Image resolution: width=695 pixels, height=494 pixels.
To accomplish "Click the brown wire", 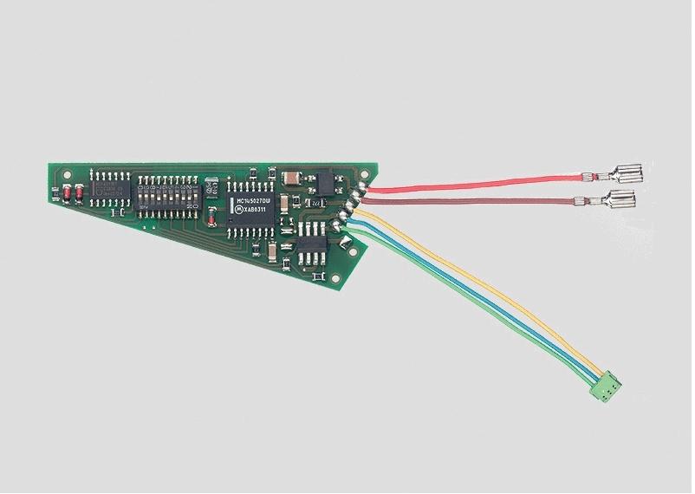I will (x=468, y=203).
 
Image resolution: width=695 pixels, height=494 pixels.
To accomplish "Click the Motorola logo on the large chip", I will (x=240, y=211).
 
